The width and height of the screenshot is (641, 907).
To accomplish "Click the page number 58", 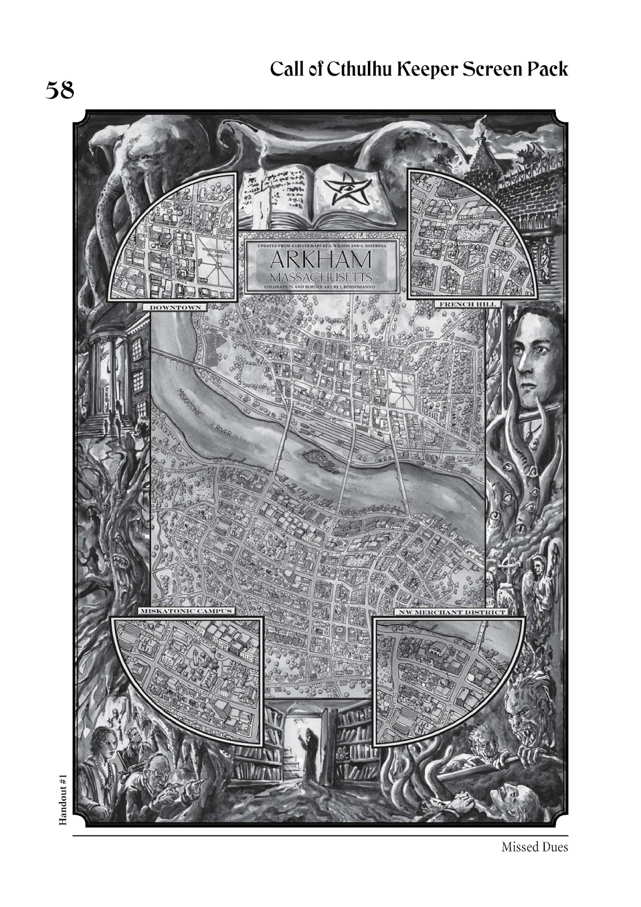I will pyautogui.click(x=60, y=90).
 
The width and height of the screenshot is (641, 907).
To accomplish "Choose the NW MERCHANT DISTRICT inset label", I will pyautogui.click(x=450, y=613).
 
